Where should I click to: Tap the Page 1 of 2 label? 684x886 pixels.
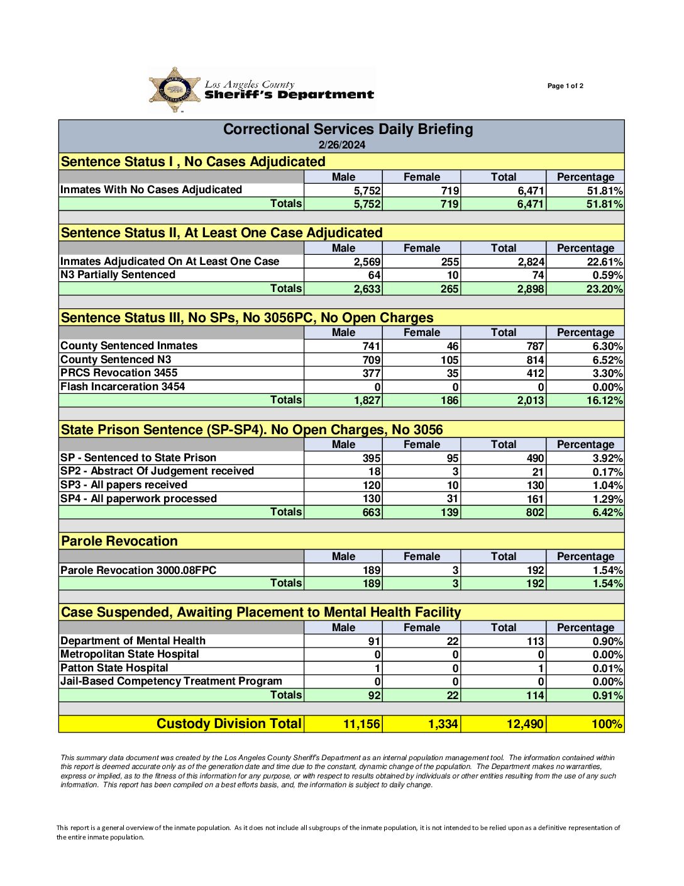pos(565,86)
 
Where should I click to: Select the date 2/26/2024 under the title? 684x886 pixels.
pos(341,145)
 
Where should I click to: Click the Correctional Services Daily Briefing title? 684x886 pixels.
pos(348,129)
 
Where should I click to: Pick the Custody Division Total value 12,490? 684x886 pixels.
pos(525,724)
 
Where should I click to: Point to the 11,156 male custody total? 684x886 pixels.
pos(361,724)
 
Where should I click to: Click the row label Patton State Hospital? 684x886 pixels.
pos(114,668)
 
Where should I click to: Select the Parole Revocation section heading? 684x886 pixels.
pos(119,541)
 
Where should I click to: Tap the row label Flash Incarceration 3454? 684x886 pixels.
pos(123,386)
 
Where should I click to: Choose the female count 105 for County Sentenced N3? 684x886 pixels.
pos(450,360)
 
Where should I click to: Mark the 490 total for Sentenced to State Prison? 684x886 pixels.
pos(536,459)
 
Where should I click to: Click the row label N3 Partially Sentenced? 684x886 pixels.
pos(118,274)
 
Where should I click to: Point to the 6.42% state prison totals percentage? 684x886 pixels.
pos(607,512)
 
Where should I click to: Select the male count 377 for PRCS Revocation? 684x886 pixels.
pos(372,373)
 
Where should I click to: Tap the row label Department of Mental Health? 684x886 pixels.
pos(133,641)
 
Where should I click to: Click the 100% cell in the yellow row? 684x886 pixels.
pos(607,724)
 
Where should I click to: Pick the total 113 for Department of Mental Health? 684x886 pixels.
pos(536,641)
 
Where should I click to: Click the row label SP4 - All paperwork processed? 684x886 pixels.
pos(138,498)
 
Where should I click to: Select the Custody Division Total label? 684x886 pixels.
pos(229,724)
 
